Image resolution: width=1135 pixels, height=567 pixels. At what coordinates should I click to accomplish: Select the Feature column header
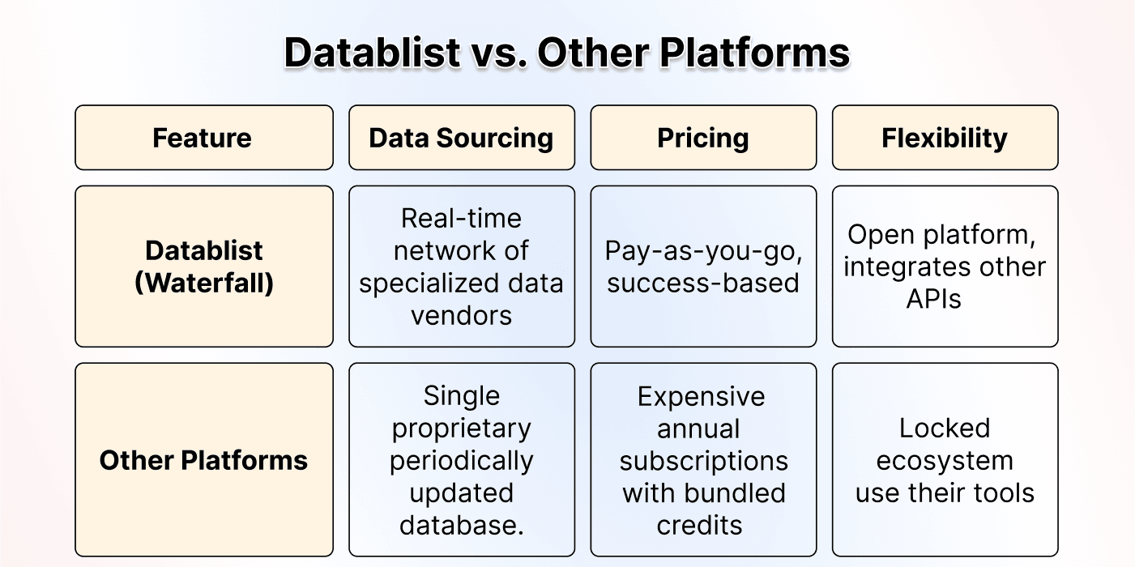[x=203, y=138]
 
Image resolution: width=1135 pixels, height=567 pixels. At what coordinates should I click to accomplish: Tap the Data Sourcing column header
[x=461, y=138]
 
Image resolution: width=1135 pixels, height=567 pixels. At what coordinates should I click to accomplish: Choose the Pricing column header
[x=702, y=138]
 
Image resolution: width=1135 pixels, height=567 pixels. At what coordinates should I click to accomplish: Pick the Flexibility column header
[x=945, y=138]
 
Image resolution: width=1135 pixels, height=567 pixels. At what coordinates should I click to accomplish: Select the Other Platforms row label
[x=203, y=460]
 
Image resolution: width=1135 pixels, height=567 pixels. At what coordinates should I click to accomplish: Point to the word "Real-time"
[x=461, y=218]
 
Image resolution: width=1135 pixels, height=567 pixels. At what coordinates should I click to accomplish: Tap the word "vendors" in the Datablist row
[x=461, y=315]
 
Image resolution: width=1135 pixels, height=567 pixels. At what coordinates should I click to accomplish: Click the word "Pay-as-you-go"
[x=703, y=250]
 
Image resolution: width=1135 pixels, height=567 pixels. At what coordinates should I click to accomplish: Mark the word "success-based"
[x=703, y=283]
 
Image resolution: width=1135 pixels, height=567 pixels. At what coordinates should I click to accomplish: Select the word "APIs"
[x=933, y=299]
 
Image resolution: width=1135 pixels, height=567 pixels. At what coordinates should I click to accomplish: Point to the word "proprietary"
[x=461, y=428]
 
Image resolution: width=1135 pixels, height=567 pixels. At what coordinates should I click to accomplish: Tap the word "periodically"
[x=461, y=460]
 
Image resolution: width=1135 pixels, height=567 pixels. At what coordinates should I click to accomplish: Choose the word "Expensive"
[x=701, y=396]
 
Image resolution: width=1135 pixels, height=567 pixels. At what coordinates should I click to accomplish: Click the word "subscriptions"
[x=703, y=460]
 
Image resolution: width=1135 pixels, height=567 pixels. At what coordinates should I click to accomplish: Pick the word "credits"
[x=699, y=525]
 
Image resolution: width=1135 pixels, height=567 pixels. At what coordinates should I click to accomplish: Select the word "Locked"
[x=945, y=428]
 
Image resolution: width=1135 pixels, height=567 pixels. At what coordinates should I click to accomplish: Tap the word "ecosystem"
[x=945, y=460]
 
